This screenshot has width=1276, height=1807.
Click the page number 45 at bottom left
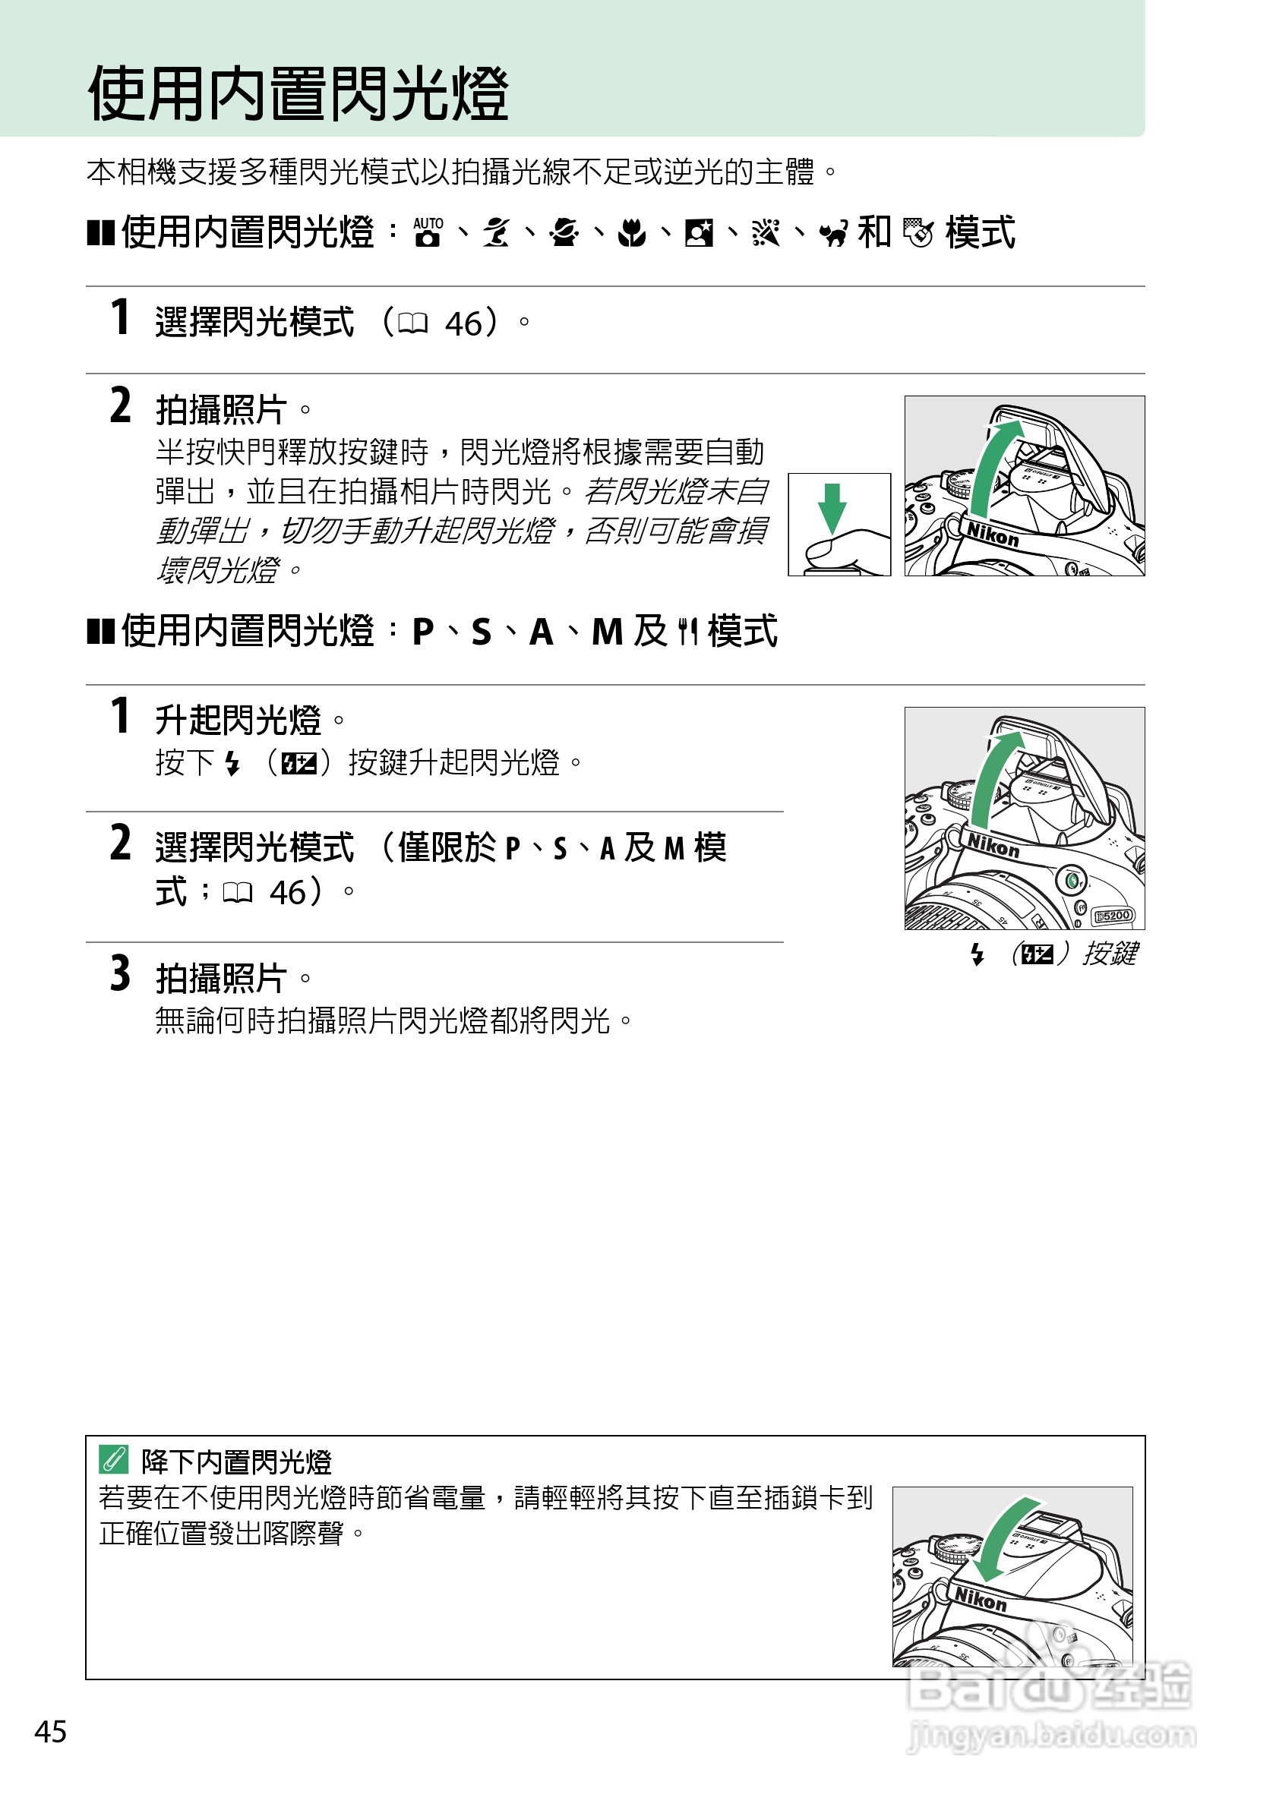pos(50,1731)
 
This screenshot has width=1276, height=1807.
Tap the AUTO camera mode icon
pos(428,233)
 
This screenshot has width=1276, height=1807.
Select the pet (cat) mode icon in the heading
pos(834,234)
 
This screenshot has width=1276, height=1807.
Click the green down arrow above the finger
pos(832,509)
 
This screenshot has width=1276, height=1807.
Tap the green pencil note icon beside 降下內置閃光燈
pos(113,1460)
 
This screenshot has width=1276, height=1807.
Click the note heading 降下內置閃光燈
pos(236,1462)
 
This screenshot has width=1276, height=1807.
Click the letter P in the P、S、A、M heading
pos(423,632)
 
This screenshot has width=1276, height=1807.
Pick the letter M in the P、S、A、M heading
pos(607,632)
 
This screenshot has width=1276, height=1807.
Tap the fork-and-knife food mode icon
pos(688,632)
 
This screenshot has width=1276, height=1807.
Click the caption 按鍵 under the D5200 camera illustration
pos(1110,954)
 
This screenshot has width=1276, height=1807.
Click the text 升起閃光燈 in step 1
pos(238,720)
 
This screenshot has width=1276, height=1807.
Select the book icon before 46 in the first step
pos(412,323)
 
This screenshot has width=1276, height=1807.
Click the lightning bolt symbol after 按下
pos(232,762)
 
